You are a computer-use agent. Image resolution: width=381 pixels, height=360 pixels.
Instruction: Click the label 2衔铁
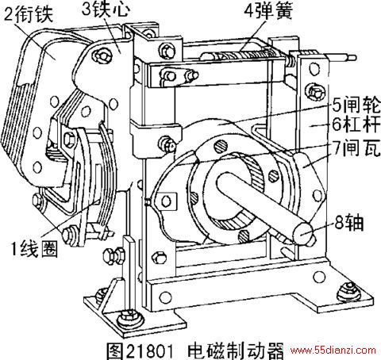point(29,14)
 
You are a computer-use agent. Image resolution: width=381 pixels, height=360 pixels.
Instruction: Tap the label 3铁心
point(106,10)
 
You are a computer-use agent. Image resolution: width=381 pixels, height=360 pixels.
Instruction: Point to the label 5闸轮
point(356,105)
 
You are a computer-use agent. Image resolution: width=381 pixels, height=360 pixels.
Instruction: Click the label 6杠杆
point(356,124)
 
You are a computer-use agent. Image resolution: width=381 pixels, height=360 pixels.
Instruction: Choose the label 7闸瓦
point(356,147)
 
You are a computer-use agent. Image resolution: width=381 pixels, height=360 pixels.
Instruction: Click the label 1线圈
point(33,249)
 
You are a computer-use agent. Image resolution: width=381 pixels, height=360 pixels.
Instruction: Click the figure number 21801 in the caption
point(150,351)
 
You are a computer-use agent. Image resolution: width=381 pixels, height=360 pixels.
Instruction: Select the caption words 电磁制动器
point(235,351)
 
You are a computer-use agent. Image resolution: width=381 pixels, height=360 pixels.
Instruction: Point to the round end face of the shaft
point(303,233)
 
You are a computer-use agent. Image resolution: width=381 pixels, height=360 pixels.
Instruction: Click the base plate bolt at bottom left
point(130,319)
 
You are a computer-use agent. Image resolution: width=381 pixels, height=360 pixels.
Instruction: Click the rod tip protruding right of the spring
point(352,58)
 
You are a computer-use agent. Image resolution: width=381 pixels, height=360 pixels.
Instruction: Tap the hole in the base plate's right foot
point(318,277)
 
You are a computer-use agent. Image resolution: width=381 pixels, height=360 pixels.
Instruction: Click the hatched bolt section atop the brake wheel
point(221,147)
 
